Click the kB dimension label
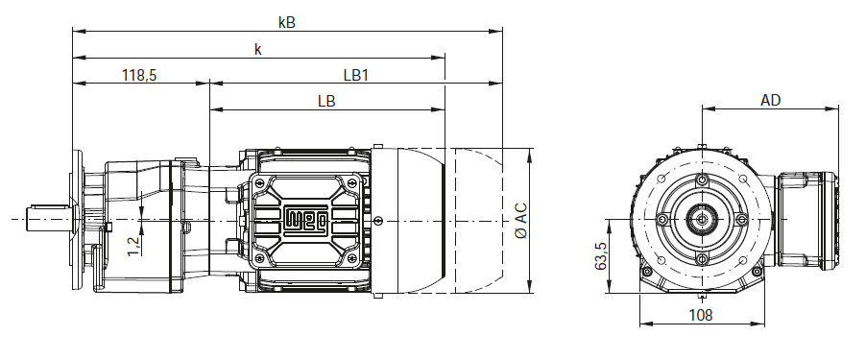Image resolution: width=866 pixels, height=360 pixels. tap(287, 23)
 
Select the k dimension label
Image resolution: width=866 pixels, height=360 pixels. tap(258, 49)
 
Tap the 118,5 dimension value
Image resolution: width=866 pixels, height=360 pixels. tap(139, 75)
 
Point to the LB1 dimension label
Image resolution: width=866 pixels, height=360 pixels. tap(355, 75)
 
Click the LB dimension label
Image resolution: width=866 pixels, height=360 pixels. tap(326, 102)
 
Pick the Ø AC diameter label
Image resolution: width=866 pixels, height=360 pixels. tap(520, 221)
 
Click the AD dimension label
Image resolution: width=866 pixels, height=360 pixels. tap(770, 100)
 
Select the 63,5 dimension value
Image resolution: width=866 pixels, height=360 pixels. tap(600, 256)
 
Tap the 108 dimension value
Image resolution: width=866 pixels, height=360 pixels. tap(701, 315)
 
